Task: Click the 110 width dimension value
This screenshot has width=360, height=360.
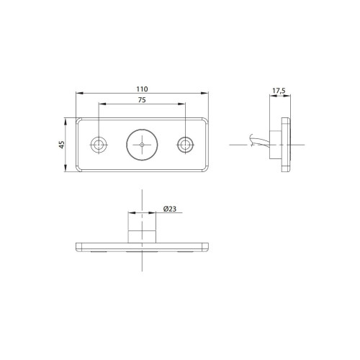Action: point(142,89)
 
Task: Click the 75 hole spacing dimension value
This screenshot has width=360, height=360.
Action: point(142,100)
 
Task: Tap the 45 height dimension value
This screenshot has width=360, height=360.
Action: point(62,145)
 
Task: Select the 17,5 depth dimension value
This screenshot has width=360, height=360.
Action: point(279,91)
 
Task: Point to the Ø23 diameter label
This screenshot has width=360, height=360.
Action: point(170,209)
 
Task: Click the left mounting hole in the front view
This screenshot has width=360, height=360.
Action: point(99,145)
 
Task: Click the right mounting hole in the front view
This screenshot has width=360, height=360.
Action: point(185,145)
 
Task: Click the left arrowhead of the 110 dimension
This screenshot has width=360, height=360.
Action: point(79,93)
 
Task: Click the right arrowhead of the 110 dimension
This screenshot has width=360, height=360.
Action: point(204,93)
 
